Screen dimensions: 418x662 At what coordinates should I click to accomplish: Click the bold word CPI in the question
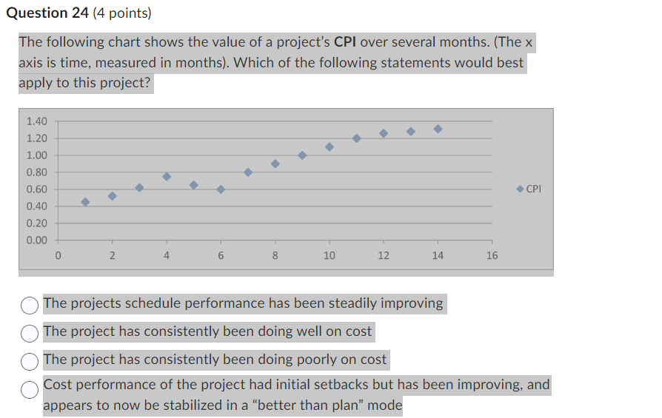[346, 43]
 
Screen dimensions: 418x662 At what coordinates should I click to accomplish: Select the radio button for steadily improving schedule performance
[30, 304]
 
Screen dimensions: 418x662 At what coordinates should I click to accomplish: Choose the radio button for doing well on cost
[30, 332]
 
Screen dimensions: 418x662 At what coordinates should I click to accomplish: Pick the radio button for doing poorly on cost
[30, 360]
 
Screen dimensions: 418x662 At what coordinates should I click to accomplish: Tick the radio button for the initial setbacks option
[30, 389]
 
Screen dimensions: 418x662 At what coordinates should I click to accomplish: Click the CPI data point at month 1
[85, 202]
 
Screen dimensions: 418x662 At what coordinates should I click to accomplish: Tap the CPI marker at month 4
[167, 176]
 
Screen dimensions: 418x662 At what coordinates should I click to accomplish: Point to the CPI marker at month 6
[221, 189]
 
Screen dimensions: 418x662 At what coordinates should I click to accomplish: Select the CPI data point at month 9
[302, 155]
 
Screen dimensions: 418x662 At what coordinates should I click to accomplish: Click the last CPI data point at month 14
[438, 129]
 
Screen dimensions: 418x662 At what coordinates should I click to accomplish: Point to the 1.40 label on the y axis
[36, 121]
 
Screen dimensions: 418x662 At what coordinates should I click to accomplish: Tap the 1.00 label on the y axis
[36, 155]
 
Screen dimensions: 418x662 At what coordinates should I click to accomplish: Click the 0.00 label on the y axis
[36, 240]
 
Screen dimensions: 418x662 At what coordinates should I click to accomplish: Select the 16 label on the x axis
[492, 256]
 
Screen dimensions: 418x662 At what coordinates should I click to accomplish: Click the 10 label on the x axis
[329, 256]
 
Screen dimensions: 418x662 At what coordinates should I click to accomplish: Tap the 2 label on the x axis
[113, 256]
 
